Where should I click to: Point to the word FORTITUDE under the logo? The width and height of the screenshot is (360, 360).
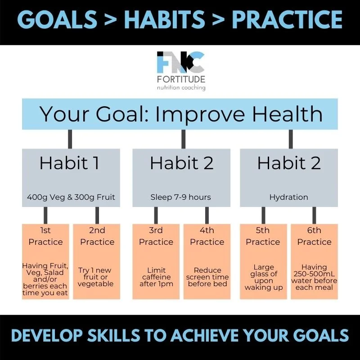click(180, 79)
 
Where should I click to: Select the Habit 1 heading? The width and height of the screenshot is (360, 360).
click(69, 163)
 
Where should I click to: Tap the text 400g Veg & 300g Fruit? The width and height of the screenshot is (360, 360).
click(71, 197)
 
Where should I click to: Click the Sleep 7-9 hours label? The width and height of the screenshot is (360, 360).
click(180, 197)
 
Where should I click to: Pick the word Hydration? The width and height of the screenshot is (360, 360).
click(288, 197)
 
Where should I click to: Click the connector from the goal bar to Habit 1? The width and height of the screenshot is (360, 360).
click(70, 139)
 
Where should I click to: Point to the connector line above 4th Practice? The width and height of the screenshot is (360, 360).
click(207, 215)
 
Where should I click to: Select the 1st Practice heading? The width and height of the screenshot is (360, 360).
click(45, 236)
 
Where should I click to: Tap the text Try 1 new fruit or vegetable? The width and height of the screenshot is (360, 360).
click(97, 276)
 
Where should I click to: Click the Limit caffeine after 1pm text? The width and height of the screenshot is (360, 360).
click(155, 277)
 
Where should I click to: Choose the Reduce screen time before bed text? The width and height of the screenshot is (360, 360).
click(207, 277)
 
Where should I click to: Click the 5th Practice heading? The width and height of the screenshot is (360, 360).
click(263, 236)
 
